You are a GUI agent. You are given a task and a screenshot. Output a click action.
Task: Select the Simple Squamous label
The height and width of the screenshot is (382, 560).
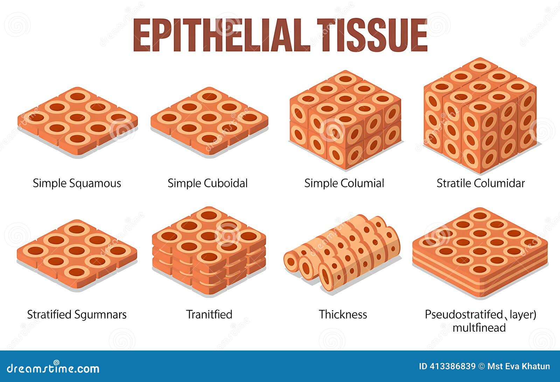point(77,183)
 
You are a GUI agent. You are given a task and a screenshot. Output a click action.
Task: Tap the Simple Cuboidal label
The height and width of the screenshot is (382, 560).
point(208,183)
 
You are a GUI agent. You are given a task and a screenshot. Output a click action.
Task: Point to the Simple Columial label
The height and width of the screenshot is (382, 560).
point(344,183)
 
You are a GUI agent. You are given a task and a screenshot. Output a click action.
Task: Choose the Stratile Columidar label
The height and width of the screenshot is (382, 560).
point(481,183)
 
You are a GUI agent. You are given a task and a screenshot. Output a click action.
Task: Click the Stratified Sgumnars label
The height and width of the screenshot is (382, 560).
point(77,314)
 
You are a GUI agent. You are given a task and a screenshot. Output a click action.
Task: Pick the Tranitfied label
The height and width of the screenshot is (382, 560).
point(209,314)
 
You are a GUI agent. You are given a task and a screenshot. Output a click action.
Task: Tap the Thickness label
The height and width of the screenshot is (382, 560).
point(343,314)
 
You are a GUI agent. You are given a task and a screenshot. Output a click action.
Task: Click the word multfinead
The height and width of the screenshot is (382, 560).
point(479,328)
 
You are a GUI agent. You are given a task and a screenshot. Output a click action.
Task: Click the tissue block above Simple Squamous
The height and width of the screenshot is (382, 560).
point(77,121)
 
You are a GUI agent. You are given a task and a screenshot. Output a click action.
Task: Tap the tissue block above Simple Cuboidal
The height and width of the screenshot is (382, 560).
point(209,121)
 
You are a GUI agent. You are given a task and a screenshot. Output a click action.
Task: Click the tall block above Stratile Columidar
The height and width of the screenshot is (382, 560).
point(480,116)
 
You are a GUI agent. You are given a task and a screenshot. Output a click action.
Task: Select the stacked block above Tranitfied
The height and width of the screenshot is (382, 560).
point(209,251)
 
